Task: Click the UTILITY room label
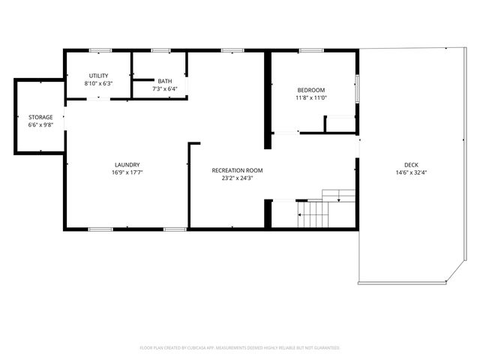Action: [99, 76]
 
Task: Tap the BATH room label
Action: [164, 81]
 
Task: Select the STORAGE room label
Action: [40, 118]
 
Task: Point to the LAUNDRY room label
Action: [127, 165]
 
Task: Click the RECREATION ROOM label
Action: [237, 170]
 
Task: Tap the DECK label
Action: [411, 165]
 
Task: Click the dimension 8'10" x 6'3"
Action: [99, 83]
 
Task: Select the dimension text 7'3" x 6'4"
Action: [164, 88]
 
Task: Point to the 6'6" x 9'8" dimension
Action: [40, 125]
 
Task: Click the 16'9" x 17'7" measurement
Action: [127, 172]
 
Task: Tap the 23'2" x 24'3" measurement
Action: [237, 178]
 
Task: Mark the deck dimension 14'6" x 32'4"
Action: [411, 172]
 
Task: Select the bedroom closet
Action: [339, 124]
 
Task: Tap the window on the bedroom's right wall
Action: [357, 88]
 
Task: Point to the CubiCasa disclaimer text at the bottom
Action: [240, 348]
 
